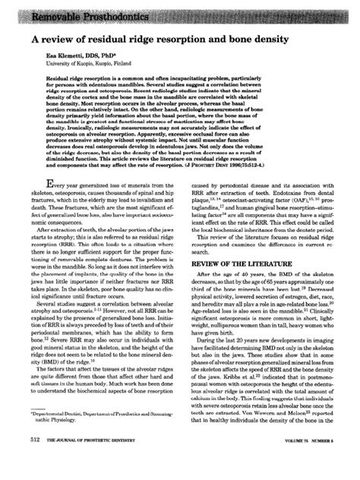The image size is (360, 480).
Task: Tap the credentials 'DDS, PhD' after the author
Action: [x=109, y=57]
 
